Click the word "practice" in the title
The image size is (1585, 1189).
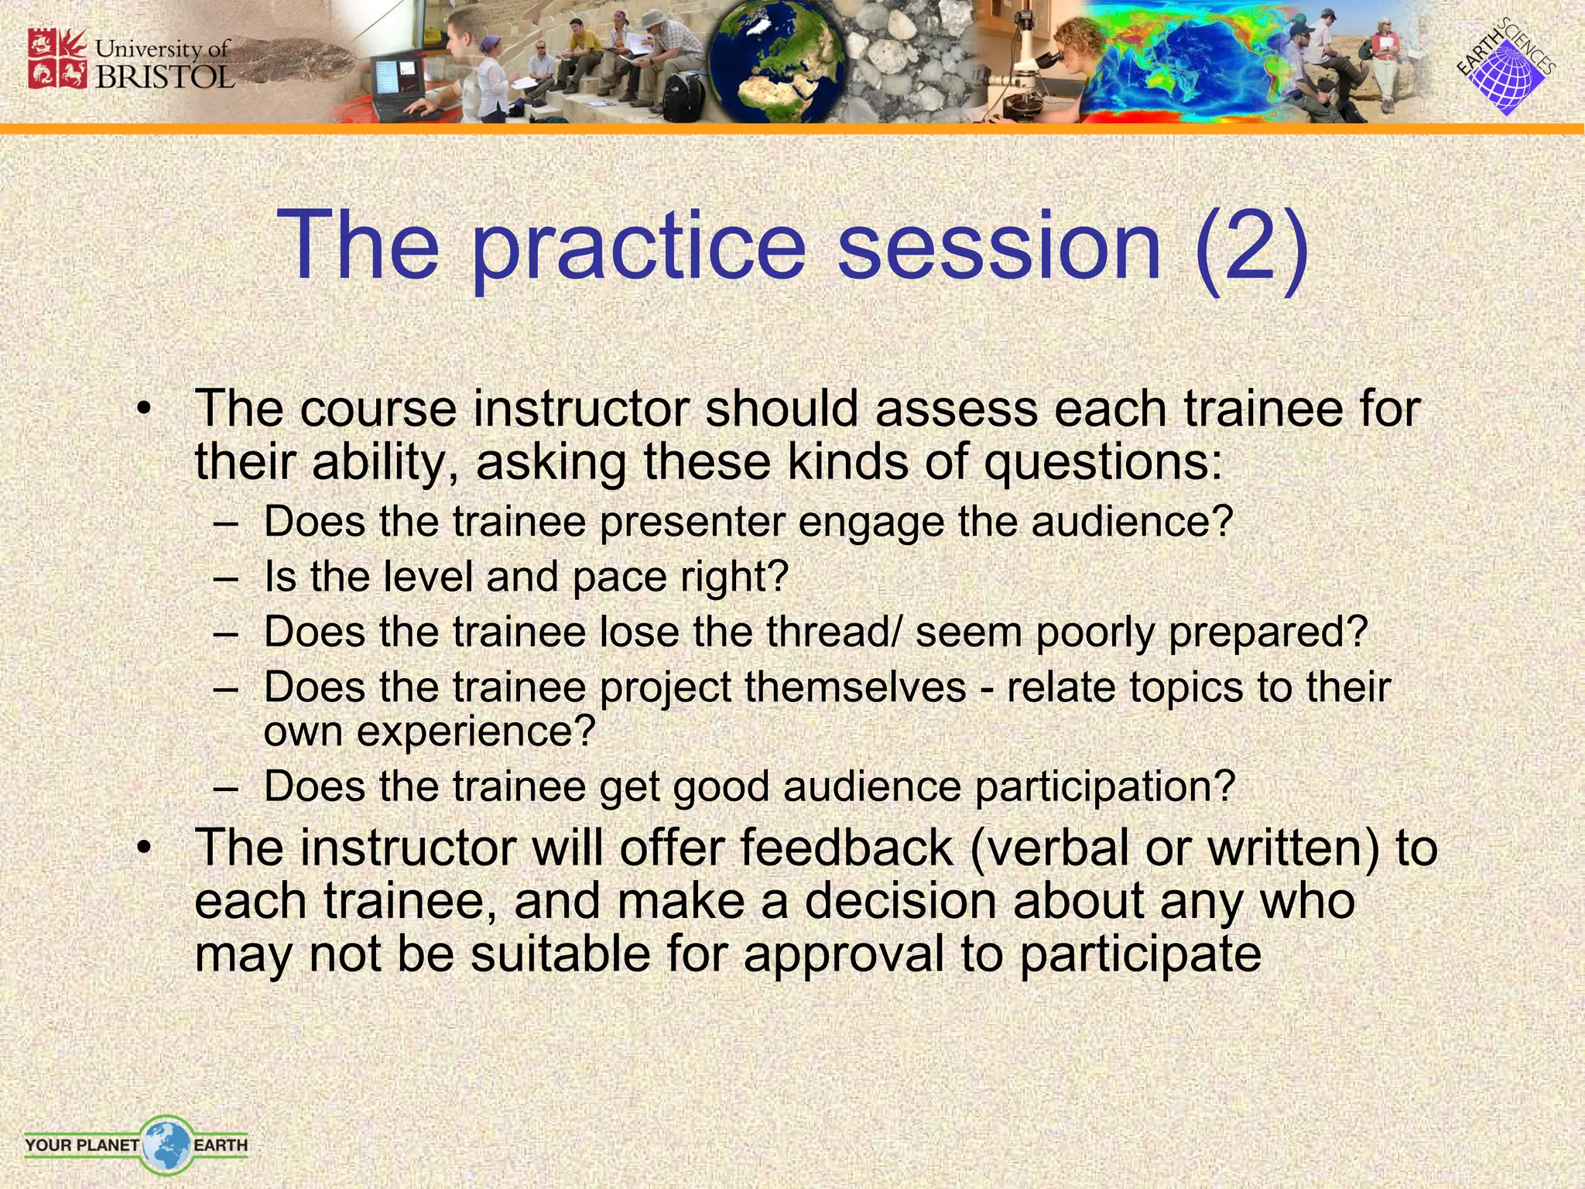tap(638, 246)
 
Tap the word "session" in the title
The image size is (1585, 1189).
tap(999, 246)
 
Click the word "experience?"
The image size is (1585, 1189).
tap(475, 732)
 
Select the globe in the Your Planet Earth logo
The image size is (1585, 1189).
tap(166, 1143)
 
